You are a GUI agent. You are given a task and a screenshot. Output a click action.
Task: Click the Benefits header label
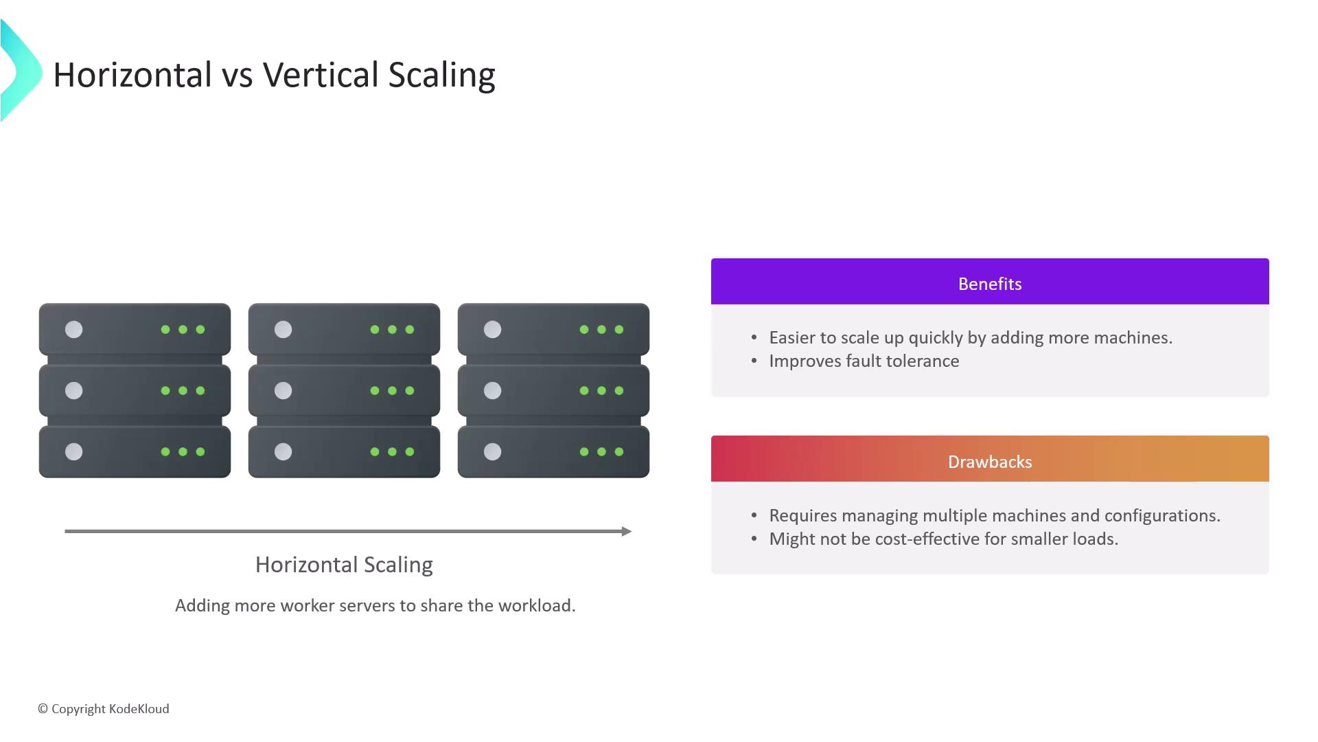click(990, 284)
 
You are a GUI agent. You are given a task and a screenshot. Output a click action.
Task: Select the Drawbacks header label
click(990, 462)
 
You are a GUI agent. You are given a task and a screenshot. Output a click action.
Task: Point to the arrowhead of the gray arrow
click(627, 531)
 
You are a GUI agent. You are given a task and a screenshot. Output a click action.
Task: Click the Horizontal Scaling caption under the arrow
click(344, 565)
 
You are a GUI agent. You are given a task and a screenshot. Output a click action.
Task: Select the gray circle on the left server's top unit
click(73, 330)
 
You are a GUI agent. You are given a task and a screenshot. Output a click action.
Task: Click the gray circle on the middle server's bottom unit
click(283, 451)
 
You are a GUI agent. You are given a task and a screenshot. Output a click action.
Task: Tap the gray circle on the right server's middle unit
click(492, 391)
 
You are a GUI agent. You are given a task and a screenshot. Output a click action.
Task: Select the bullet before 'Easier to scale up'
click(754, 337)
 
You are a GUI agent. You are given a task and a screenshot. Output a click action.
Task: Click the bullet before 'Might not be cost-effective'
click(754, 539)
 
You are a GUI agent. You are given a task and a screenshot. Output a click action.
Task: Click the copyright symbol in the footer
click(43, 709)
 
